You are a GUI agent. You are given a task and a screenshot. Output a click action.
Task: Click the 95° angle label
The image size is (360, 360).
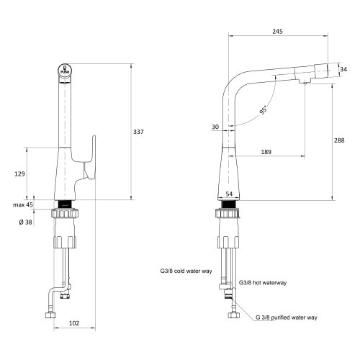point(265,112)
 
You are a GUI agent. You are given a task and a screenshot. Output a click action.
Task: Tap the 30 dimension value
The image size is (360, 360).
point(215,127)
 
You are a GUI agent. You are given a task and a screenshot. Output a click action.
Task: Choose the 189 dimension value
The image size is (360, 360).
point(266,152)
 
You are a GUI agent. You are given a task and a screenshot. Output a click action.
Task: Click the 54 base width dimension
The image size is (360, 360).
point(230,195)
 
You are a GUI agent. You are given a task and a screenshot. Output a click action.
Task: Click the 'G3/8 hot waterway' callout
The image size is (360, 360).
point(264,283)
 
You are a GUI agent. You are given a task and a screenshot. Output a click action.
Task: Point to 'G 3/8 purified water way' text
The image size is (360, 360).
point(287,317)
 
